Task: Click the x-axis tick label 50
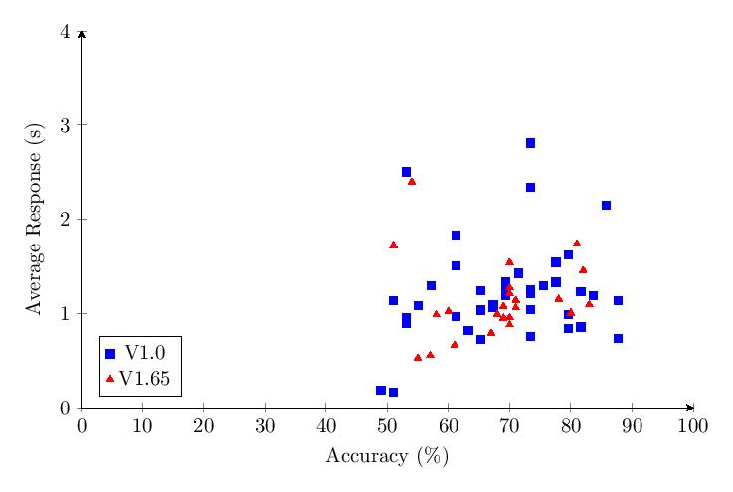point(387,426)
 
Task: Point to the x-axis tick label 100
point(692,426)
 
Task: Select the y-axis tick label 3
point(66,125)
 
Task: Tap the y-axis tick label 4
point(66,32)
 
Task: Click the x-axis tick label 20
point(204,426)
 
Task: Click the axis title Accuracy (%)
point(387,457)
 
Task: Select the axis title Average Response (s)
point(35,220)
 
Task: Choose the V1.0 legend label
point(145,353)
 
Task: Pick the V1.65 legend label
point(145,379)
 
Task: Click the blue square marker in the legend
point(110,353)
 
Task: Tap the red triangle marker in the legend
point(110,379)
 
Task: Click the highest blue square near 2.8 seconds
point(530,143)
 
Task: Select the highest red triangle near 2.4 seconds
point(412,181)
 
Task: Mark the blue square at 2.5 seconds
point(406,172)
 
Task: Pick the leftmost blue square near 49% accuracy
point(381,390)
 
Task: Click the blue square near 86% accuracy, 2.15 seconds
point(606,205)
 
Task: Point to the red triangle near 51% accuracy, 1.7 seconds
point(393,245)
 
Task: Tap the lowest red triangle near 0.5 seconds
point(418,357)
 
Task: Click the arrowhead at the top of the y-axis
point(82,34)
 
